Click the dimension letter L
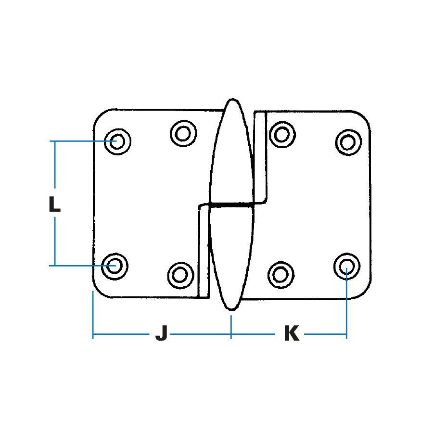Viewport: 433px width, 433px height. tap(54, 204)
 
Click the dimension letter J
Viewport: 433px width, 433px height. tap(162, 333)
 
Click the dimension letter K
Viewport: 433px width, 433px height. tap(292, 333)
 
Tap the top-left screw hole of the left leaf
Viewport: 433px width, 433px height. tap(117, 141)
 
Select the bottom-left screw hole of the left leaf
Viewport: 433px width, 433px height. tap(115, 266)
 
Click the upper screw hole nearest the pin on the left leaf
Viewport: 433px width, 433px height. tap(183, 133)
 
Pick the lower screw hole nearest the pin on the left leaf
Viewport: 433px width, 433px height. tap(180, 275)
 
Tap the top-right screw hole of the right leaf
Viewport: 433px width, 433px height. tap(348, 142)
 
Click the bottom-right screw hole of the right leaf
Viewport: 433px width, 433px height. tap(347, 266)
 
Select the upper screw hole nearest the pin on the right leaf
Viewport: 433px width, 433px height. tap(282, 135)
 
